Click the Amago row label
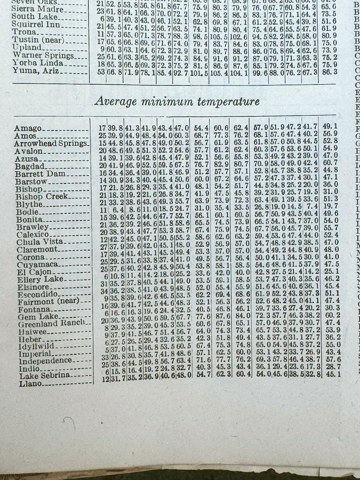tap(28, 129)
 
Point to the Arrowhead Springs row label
tap(51, 144)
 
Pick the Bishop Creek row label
tap(42, 196)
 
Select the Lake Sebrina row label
tap(44, 375)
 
